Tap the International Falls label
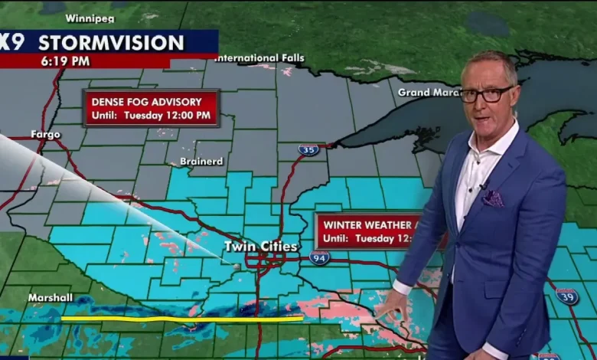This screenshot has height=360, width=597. coord(261,58)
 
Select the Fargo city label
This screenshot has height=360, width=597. coord(45,134)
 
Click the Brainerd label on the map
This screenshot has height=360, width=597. coord(201,161)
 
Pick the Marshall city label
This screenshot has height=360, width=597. coord(50,296)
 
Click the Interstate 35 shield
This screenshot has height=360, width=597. coord(308,150)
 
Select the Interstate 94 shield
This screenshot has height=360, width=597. coord(320,257)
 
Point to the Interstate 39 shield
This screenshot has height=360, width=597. coord(566,296)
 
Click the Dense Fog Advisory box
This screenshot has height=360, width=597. coord(152,108)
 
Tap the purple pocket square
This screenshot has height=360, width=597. coord(493,198)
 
